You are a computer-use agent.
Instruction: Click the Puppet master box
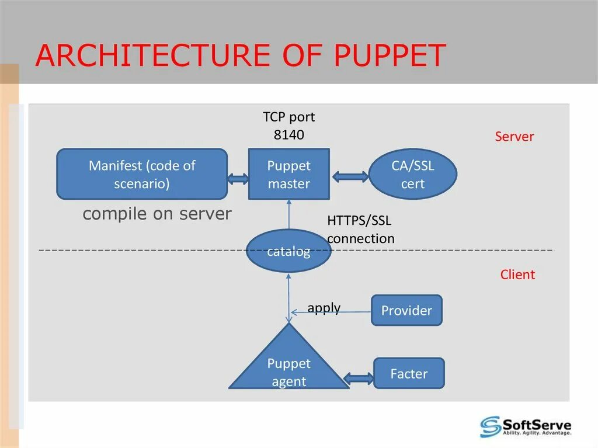[288, 174]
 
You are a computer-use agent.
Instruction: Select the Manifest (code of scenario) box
[142, 174]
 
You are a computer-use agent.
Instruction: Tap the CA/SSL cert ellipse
[412, 174]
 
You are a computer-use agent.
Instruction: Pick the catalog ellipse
[288, 252]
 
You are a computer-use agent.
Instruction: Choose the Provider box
[406, 310]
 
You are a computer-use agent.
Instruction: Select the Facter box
[409, 373]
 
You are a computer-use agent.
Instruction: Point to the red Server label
[514, 137]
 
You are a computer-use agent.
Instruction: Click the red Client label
[517, 275]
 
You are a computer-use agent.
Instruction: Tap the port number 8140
[288, 135]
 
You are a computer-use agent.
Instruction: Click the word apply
[324, 308]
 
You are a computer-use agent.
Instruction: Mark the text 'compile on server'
[157, 214]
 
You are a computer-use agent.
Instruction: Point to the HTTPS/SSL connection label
[360, 230]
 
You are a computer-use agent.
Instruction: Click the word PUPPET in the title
[390, 56]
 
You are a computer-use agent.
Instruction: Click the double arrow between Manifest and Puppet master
[238, 179]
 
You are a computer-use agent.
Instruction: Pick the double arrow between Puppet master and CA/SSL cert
[349, 175]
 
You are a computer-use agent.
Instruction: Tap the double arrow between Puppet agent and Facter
[359, 378]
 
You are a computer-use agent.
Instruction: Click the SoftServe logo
[525, 426]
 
